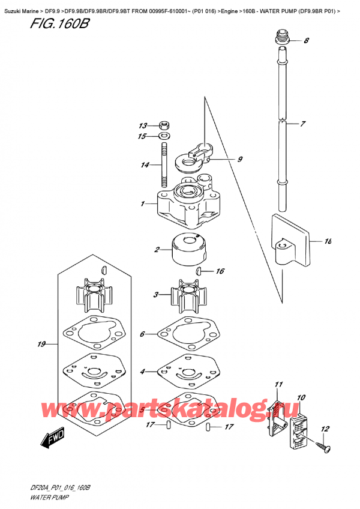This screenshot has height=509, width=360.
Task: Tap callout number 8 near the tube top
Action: coord(306,41)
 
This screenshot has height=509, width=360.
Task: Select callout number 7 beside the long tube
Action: coord(303,124)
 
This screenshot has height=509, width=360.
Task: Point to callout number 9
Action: coord(239,159)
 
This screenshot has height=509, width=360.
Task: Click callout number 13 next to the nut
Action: coord(142,126)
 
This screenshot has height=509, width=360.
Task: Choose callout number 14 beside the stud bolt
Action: coord(144,165)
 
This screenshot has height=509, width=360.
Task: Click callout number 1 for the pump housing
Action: coord(142,204)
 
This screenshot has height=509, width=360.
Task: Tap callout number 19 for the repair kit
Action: coord(41,345)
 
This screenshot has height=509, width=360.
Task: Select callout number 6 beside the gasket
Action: coord(142,334)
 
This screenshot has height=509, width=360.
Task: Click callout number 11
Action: coord(278,384)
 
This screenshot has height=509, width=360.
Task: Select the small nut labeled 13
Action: coord(164,126)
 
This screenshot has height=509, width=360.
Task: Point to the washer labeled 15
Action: coord(164,136)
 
